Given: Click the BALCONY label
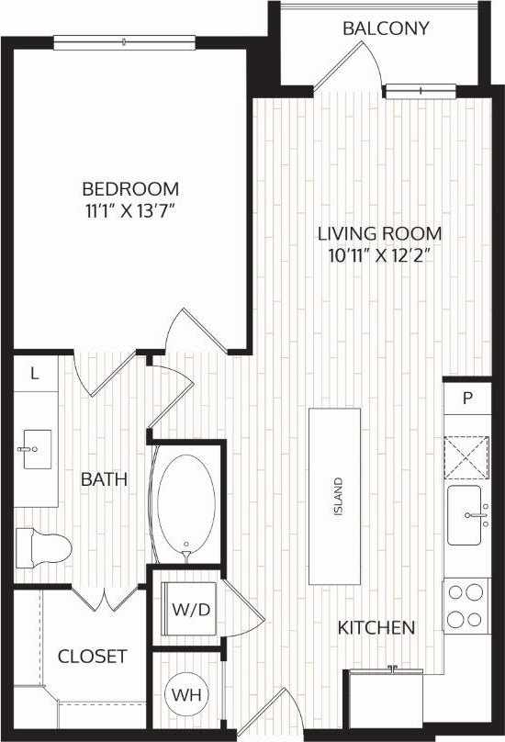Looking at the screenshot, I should click(386, 28).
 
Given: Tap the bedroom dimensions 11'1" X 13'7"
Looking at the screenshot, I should click(129, 210).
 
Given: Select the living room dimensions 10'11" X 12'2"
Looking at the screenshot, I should click(380, 254).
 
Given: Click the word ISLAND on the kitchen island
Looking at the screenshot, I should click(338, 497).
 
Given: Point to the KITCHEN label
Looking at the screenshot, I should click(376, 628).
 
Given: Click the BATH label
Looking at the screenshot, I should click(103, 479).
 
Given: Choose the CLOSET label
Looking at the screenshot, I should click(92, 657).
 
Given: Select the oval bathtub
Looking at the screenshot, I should click(186, 502).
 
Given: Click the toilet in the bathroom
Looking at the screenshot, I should click(44, 546).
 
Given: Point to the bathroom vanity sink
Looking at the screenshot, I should click(31, 449).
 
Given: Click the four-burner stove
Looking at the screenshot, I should click(466, 605).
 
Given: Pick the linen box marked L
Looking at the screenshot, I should click(35, 374).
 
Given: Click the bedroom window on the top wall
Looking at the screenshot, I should click(124, 41).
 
